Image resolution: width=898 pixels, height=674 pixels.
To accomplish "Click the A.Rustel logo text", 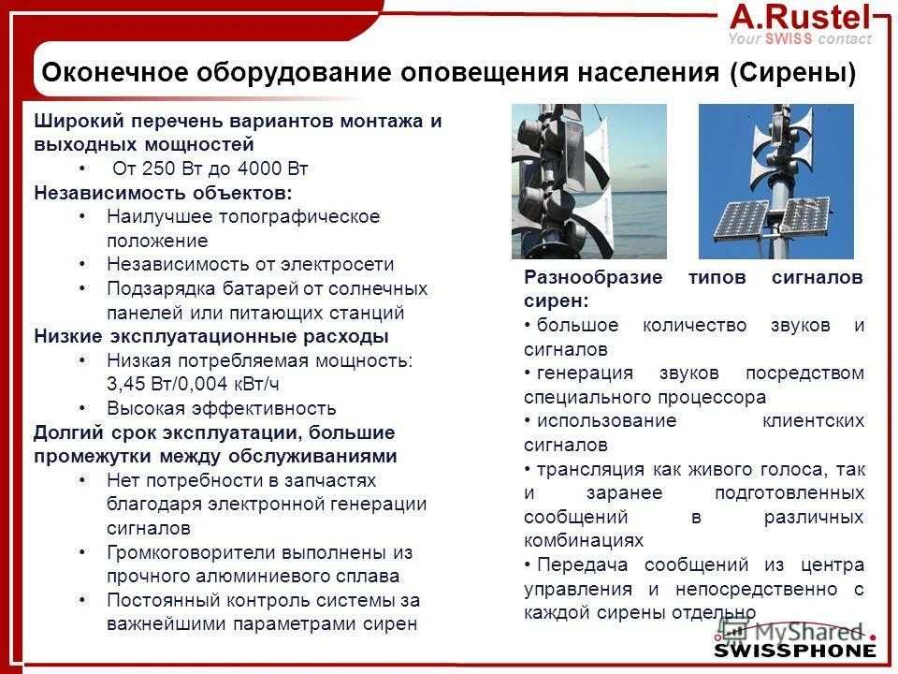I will point(800,16).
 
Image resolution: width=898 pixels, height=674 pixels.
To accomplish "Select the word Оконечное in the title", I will point(109,72).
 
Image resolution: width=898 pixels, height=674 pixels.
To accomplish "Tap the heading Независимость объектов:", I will point(163,193).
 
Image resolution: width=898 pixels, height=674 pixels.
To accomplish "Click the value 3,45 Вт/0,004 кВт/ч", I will point(193,384).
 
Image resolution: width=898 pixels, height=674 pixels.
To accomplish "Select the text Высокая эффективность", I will point(221,408).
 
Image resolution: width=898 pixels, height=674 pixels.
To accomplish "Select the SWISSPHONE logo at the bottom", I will point(795,650).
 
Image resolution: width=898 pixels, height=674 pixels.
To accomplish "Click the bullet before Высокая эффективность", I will point(82,408).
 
